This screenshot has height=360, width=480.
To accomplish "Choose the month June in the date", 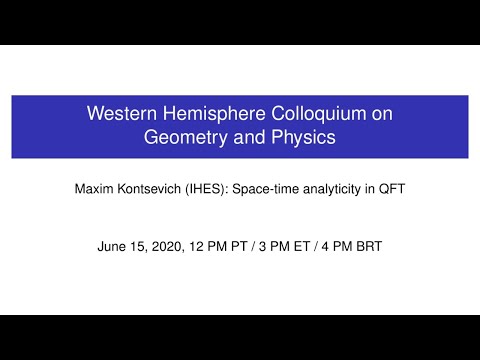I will (113, 244).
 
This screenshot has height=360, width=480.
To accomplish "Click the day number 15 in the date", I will (139, 244).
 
